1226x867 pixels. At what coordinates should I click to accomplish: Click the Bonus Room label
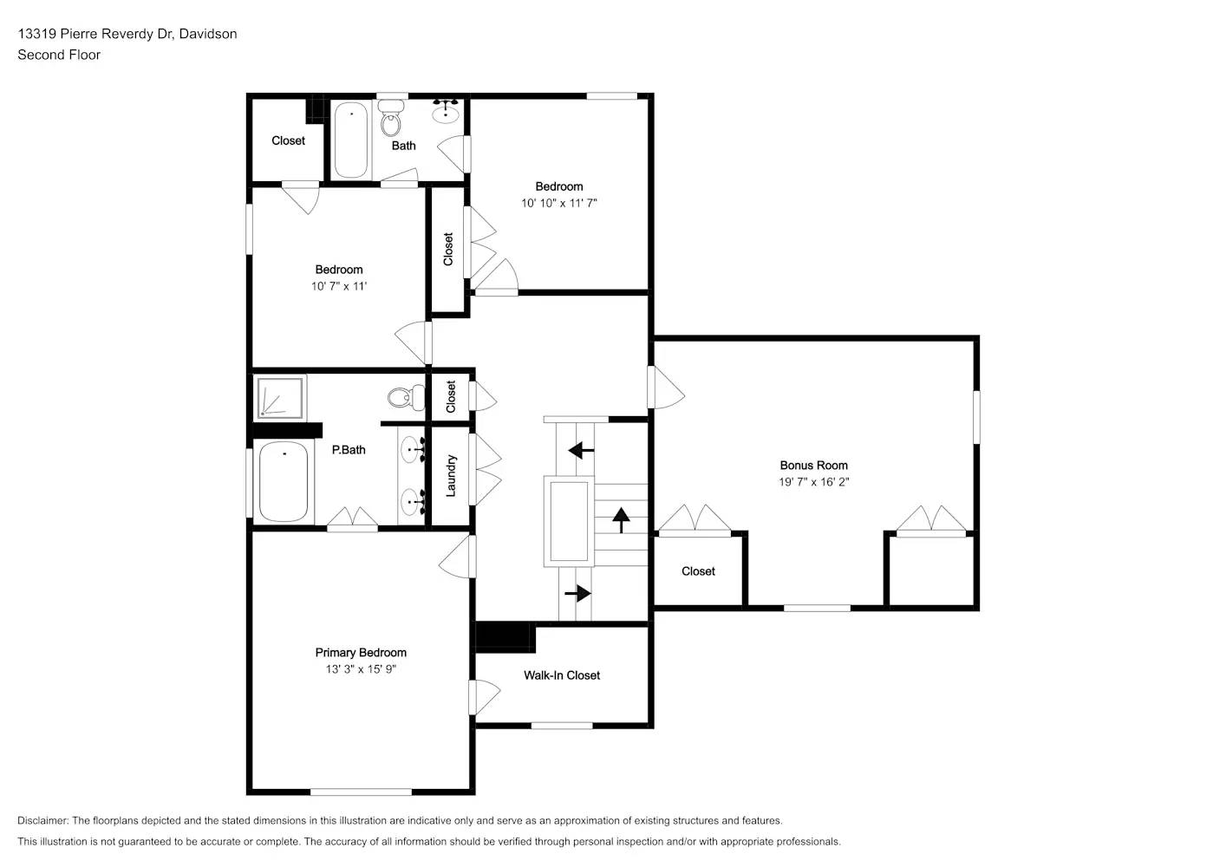(x=813, y=466)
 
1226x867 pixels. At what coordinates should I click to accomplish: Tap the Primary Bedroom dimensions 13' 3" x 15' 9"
(x=361, y=669)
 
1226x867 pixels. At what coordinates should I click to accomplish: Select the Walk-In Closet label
(x=562, y=675)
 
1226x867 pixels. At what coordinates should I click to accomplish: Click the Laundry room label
(x=451, y=476)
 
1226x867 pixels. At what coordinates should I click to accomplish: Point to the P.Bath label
(x=349, y=450)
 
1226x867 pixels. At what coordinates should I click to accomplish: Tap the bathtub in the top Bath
(x=351, y=140)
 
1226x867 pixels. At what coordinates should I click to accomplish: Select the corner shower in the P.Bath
(x=280, y=397)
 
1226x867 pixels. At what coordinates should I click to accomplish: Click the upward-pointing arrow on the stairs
(x=621, y=519)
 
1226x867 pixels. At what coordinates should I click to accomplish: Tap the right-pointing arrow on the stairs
(x=577, y=594)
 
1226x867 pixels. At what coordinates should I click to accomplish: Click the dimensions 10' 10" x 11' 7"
(x=559, y=203)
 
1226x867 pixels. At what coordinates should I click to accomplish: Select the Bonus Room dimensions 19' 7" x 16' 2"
(x=813, y=482)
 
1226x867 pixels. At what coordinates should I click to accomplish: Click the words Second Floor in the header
(x=59, y=55)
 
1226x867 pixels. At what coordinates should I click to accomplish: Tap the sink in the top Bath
(x=447, y=110)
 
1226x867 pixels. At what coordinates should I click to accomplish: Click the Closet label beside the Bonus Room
(x=698, y=571)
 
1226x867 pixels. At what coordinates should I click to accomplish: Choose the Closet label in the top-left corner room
(x=288, y=140)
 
